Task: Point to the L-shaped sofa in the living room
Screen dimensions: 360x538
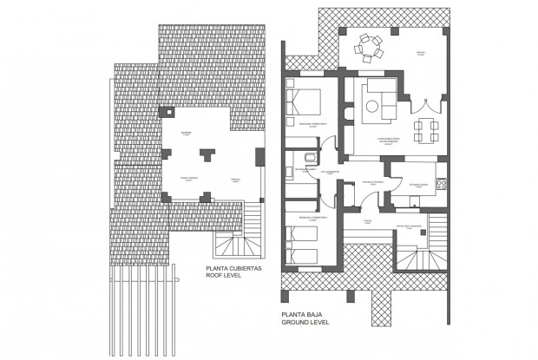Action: pos(379,96)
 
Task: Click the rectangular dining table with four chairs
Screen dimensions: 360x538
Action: pos(427,129)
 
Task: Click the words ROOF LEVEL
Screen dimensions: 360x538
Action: pos(225,278)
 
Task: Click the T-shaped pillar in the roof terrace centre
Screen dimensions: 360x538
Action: pos(207,155)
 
